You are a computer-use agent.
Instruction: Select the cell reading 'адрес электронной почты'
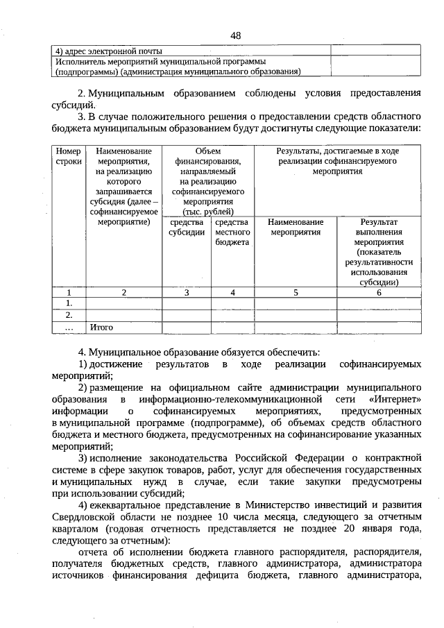click(x=107, y=51)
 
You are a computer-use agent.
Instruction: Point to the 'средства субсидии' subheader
click(x=186, y=228)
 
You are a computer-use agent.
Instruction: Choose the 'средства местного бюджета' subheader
click(x=232, y=232)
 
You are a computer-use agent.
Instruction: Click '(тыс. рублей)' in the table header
click(x=208, y=212)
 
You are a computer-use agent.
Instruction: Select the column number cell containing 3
click(x=186, y=293)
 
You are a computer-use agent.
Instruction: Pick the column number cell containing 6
click(x=379, y=293)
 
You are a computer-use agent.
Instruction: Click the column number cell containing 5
click(x=296, y=293)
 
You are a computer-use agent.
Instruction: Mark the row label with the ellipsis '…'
click(x=68, y=326)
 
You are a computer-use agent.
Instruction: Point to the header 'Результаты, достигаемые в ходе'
click(x=337, y=151)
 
